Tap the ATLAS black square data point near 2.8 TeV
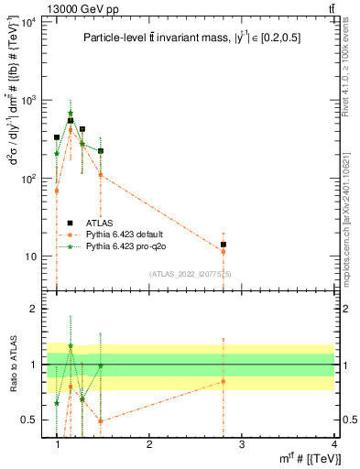pyautogui.click(x=223, y=245)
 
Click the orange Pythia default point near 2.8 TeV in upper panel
pyautogui.click(x=223, y=251)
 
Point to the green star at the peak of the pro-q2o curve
pyautogui.click(x=71, y=114)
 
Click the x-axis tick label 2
pyautogui.click(x=149, y=444)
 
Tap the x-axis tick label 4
pyautogui.click(x=333, y=444)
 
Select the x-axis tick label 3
pyautogui.click(x=241, y=444)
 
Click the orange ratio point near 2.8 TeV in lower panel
pyautogui.click(x=223, y=381)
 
